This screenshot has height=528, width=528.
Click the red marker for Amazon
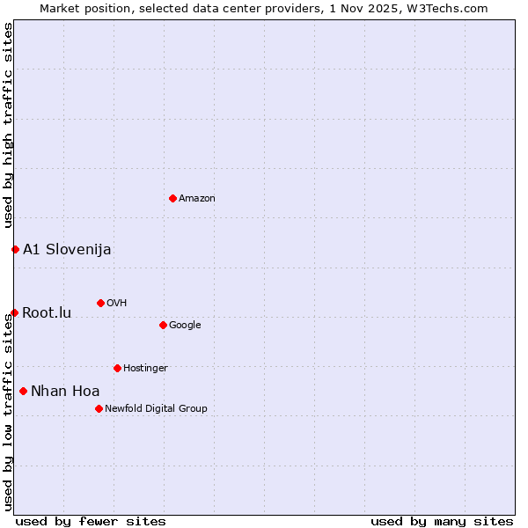pos(172,198)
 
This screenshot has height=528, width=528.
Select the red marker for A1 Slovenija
pos(15,249)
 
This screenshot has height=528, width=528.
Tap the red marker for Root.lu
pos(14,312)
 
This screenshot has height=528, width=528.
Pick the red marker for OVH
pos(100,303)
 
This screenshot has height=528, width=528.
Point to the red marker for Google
pos(163,325)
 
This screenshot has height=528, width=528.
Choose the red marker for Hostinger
pos(117,368)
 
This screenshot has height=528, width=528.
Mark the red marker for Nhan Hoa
pos(23,391)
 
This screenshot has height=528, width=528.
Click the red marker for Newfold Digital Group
pos(99,408)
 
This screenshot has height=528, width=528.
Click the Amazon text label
pos(197,199)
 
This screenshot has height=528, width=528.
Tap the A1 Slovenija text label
pos(67,249)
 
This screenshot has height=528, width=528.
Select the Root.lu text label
pos(47,312)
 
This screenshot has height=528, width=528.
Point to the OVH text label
pos(117,304)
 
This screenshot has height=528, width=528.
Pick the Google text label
pos(185,326)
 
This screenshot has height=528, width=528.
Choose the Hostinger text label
pos(145,369)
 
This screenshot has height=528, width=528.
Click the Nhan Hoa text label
pos(65,391)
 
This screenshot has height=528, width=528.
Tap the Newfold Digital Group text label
pos(156,409)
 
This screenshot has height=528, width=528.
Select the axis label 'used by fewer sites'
pos(91,521)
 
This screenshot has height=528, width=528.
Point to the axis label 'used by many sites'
pos(442,521)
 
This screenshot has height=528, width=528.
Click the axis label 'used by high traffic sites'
pos(8,126)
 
